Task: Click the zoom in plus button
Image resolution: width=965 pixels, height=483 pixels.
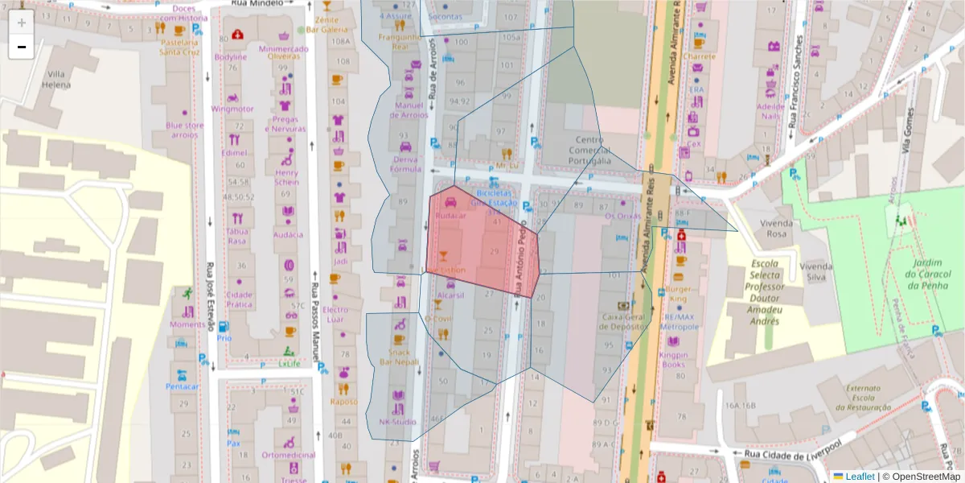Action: [x=22, y=23]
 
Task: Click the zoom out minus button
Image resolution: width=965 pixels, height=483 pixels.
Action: [x=22, y=47]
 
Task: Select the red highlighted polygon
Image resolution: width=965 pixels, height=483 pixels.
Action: [x=478, y=242]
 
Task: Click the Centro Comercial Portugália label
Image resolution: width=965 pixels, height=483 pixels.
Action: [x=589, y=151]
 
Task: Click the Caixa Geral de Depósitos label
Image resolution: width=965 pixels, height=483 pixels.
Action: [x=623, y=322]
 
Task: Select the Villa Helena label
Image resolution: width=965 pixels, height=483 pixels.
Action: [x=57, y=78]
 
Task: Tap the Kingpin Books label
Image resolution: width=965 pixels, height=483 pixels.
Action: [x=673, y=359]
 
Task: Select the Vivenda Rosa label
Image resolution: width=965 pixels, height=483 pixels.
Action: [x=776, y=228]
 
